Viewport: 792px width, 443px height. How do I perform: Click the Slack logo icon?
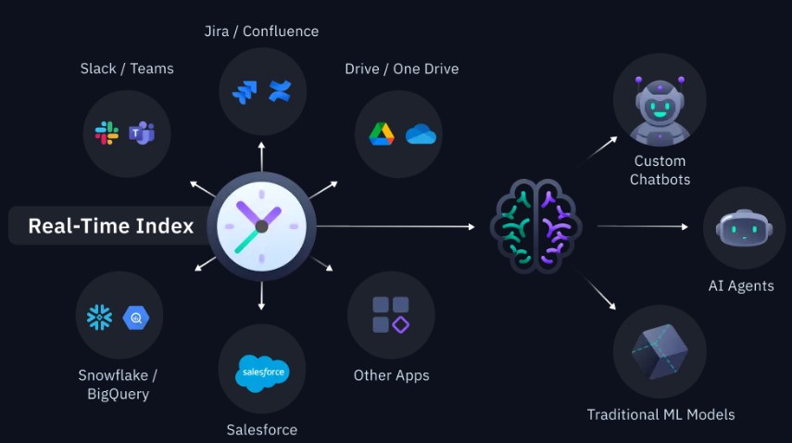(107, 133)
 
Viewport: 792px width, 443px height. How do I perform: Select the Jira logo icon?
(245, 92)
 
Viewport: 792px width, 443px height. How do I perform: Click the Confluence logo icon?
(279, 91)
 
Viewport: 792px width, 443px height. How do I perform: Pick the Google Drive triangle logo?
(382, 133)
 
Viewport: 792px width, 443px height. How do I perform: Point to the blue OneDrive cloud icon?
(420, 133)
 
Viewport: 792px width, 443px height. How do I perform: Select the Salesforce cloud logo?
(262, 373)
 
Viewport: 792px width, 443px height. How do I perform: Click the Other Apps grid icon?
(390, 314)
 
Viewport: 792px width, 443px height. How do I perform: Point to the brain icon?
(535, 226)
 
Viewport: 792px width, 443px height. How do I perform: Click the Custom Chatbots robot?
(660, 107)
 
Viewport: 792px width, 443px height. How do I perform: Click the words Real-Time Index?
(110, 226)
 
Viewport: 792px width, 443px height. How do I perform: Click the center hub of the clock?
(261, 226)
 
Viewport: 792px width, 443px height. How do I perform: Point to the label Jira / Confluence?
(261, 32)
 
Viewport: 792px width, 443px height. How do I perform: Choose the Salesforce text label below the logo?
(261, 429)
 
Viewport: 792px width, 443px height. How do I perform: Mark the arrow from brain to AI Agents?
(642, 226)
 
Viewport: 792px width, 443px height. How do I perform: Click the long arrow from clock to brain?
(403, 226)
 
